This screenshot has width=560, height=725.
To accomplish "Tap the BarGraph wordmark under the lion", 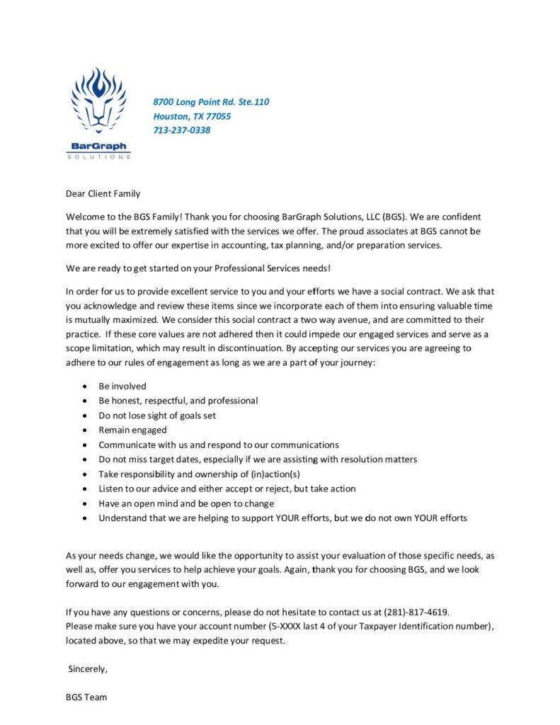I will [x=99, y=147].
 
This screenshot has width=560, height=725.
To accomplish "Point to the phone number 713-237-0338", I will [x=182, y=130].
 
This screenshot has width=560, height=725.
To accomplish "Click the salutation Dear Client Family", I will [x=103, y=193].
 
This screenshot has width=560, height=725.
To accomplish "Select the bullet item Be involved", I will [x=122, y=386].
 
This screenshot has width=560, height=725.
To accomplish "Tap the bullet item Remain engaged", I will [x=133, y=430].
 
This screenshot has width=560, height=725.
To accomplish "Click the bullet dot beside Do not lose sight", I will [x=85, y=416].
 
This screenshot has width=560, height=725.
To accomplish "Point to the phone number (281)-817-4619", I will [x=416, y=612].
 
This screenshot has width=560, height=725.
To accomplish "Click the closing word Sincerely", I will [x=88, y=668].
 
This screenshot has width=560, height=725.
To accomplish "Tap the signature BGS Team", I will [x=86, y=697].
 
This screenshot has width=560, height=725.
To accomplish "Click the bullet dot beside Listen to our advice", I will [x=85, y=489].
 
